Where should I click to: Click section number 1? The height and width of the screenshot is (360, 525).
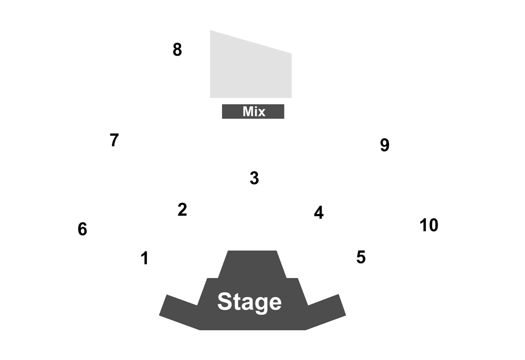coord(144,258)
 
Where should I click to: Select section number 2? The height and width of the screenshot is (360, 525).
coord(182,209)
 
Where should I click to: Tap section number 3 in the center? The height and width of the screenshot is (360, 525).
coord(254,178)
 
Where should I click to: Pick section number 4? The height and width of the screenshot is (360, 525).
coord(319,212)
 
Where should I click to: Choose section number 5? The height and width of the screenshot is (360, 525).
coord(361,257)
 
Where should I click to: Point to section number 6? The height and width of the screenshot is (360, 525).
coord(82,229)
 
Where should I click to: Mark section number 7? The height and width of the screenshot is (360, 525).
coord(114,140)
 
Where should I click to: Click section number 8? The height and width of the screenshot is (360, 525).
coord(177,49)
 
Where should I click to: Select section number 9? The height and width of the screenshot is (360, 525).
coord(384,145)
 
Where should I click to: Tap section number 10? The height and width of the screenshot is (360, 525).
coord(429,225)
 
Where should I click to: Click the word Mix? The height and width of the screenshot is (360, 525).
coord(254,111)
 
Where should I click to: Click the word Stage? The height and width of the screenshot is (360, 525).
coord(249,301)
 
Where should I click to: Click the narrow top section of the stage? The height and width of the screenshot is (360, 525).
coord(252,264)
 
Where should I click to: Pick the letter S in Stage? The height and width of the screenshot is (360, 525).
coord(225,301)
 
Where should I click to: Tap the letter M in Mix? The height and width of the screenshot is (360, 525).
coord(248,111)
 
